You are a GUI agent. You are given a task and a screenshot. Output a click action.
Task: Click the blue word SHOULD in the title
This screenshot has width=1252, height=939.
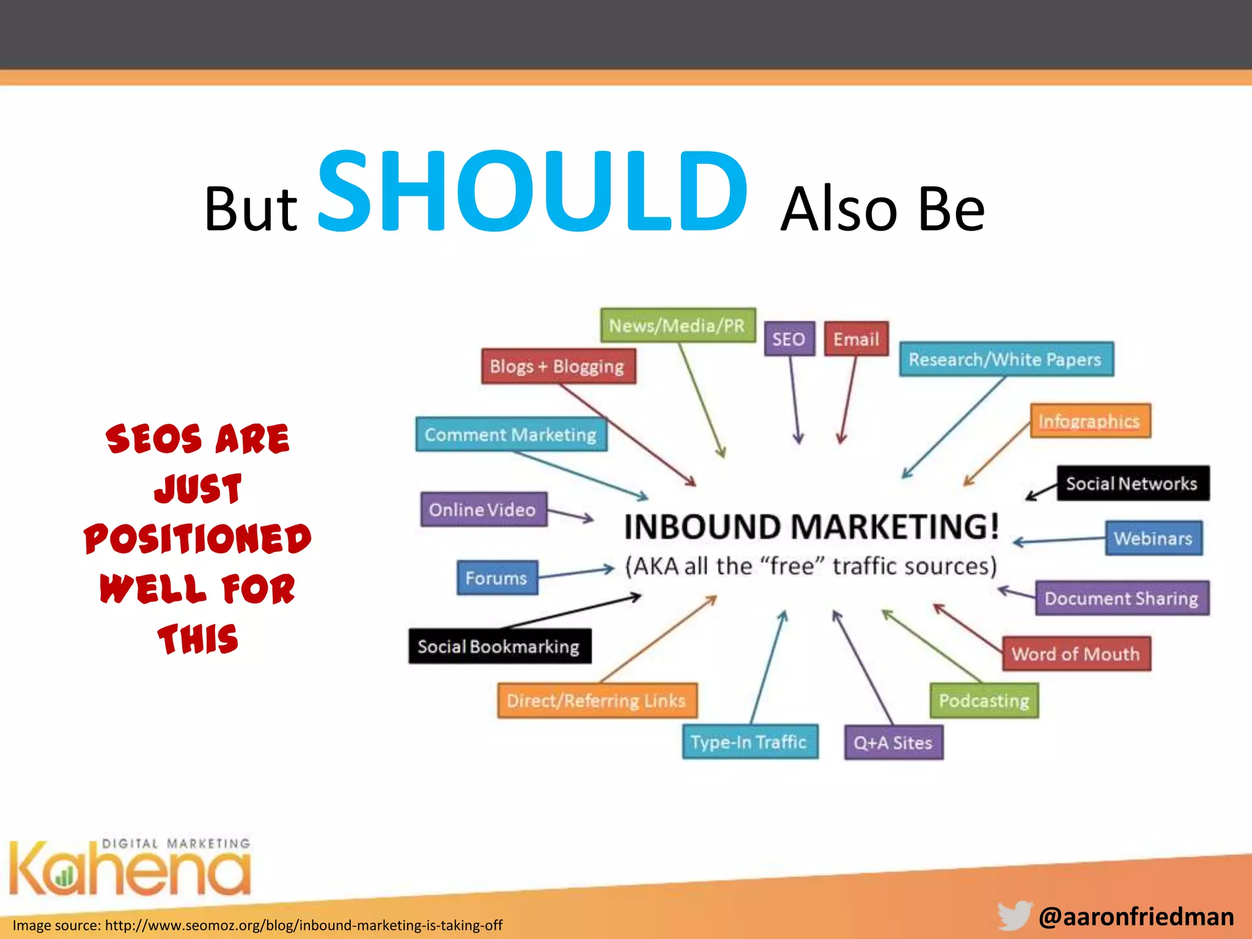[532, 193]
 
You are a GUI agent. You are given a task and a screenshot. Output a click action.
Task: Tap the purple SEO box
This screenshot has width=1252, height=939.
[789, 339]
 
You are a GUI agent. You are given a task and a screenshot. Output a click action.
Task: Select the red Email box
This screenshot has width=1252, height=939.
[856, 339]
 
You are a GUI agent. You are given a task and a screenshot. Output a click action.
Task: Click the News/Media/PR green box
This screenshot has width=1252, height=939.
[677, 325]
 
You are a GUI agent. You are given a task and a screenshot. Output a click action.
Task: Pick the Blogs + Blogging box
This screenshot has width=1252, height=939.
[558, 366]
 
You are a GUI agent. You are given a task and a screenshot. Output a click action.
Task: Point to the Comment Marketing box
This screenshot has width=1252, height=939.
[511, 435]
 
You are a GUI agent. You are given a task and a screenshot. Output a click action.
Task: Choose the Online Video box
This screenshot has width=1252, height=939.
[483, 509]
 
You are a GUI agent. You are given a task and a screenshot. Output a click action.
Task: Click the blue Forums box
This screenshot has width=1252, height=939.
[497, 578]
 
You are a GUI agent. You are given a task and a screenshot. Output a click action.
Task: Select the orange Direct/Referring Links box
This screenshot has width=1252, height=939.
[597, 701]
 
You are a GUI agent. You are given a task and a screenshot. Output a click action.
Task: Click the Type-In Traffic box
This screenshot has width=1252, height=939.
[749, 742]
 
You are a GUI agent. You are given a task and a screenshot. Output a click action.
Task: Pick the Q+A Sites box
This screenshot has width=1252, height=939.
[893, 743]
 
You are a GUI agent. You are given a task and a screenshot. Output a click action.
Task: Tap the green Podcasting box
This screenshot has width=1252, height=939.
[984, 701]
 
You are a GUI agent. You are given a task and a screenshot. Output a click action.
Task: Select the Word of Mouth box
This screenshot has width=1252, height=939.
[1076, 654]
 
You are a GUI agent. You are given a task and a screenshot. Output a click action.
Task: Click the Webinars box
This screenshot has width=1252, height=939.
[1153, 538]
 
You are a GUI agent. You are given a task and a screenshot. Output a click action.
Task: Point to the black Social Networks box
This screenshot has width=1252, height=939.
[1132, 484]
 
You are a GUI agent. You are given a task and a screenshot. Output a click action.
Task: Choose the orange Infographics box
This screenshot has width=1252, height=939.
[1089, 421]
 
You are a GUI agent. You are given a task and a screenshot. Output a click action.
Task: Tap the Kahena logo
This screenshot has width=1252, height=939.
[130, 868]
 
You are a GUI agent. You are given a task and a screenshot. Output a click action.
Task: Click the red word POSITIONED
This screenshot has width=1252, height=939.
[197, 539]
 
